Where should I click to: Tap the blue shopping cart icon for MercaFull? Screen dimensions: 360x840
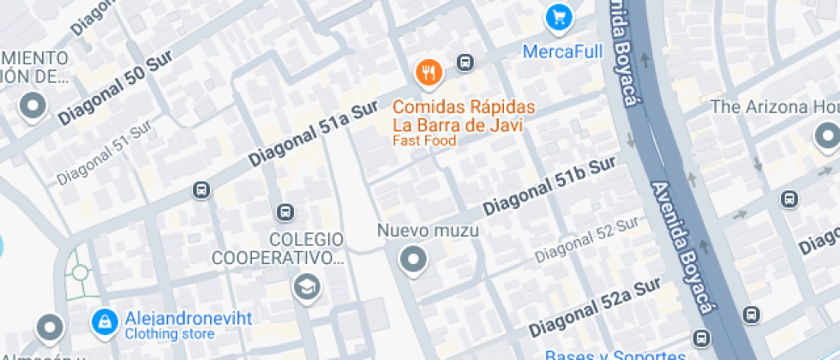pyautogui.click(x=559, y=16)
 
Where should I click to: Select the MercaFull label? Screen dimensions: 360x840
pyautogui.click(x=563, y=52)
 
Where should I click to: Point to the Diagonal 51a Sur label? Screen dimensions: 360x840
pyautogui.click(x=313, y=134)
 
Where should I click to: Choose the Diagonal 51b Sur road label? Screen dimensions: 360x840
pyautogui.click(x=549, y=187)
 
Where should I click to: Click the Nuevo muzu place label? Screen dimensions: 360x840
pyautogui.click(x=428, y=231)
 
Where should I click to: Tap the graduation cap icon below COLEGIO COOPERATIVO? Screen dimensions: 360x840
pyautogui.click(x=306, y=287)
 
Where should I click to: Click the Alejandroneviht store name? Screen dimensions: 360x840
pyautogui.click(x=189, y=318)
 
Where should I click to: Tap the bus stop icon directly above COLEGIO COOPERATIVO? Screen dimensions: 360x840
pyautogui.click(x=285, y=212)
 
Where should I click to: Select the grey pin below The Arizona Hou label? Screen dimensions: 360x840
pyautogui.click(x=827, y=135)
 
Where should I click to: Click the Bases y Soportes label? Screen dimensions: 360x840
pyautogui.click(x=615, y=355)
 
